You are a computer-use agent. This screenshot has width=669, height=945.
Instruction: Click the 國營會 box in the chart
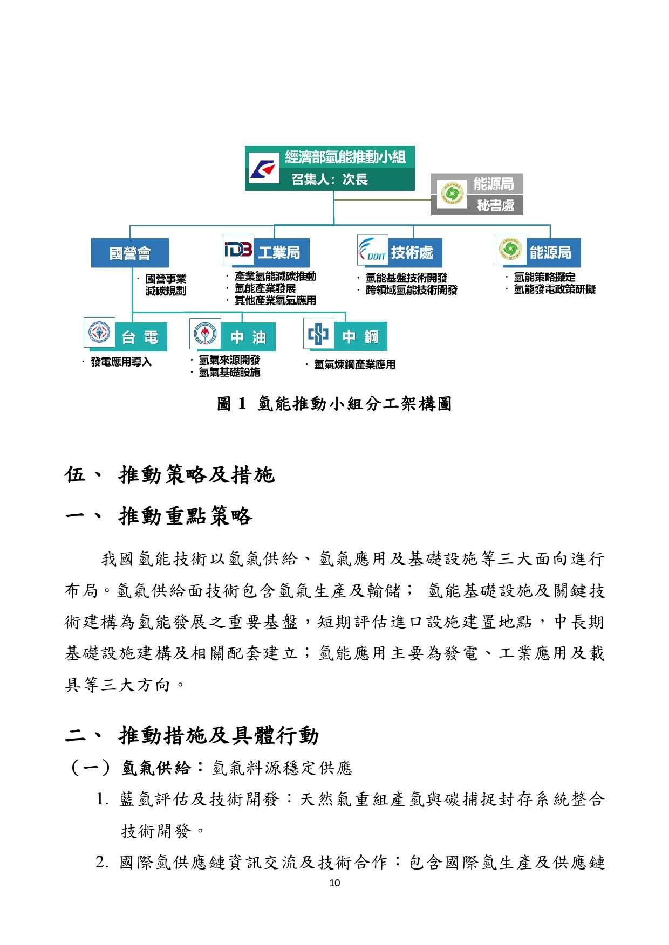[x=129, y=253]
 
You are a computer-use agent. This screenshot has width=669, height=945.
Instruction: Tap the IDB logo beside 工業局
[x=238, y=250]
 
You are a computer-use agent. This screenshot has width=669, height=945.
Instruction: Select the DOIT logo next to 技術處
[x=373, y=251]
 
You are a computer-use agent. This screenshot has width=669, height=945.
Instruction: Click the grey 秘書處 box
[x=495, y=205]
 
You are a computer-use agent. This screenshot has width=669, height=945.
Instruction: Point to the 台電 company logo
[x=99, y=333]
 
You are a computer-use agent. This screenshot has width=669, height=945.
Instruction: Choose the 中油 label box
[x=248, y=337]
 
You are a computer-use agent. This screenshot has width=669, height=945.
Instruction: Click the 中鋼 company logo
[x=318, y=334]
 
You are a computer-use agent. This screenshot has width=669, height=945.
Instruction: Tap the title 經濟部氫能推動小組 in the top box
[x=345, y=157]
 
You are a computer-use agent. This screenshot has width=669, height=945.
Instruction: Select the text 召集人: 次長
[x=330, y=180]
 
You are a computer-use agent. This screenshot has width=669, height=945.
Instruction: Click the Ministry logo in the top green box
[x=263, y=168]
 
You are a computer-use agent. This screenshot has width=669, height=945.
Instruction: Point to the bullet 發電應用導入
[x=121, y=362]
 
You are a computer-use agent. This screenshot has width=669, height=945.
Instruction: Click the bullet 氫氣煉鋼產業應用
[x=354, y=365]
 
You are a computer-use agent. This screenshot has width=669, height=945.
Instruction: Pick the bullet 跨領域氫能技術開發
[x=411, y=290]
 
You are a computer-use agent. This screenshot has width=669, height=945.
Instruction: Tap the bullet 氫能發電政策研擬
[x=554, y=289]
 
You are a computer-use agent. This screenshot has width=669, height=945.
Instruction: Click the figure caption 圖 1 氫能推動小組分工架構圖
[x=334, y=404]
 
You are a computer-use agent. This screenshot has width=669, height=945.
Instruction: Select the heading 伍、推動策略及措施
[x=169, y=475]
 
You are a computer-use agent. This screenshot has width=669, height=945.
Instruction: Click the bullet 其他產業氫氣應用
[x=275, y=301]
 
